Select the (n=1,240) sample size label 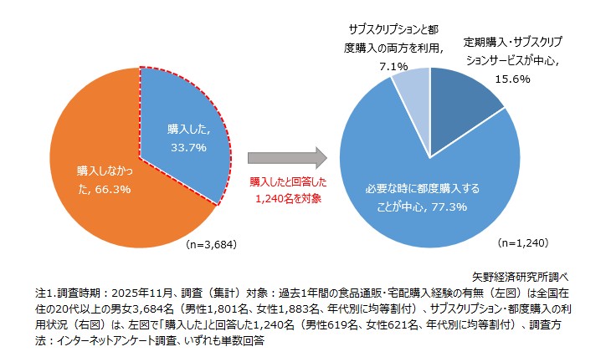pos(523,243)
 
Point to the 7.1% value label pos(393,65)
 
